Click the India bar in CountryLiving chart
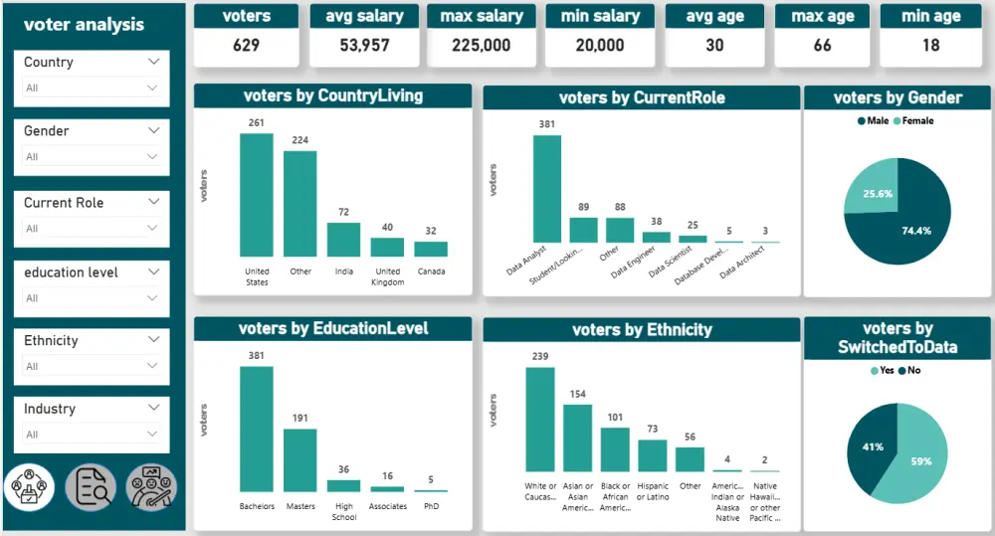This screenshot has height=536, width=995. (343, 240)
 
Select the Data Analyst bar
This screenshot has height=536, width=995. (546, 189)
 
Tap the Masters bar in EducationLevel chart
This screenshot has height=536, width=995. (299, 459)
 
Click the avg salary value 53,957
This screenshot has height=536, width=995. (364, 46)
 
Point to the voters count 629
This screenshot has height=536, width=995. (246, 46)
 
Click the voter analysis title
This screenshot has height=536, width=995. (84, 25)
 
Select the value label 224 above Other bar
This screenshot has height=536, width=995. (299, 140)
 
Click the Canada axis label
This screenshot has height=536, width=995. (431, 270)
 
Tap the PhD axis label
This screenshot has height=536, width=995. (431, 506)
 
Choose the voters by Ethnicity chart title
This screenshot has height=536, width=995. (642, 330)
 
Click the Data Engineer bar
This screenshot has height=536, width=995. (656, 237)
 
